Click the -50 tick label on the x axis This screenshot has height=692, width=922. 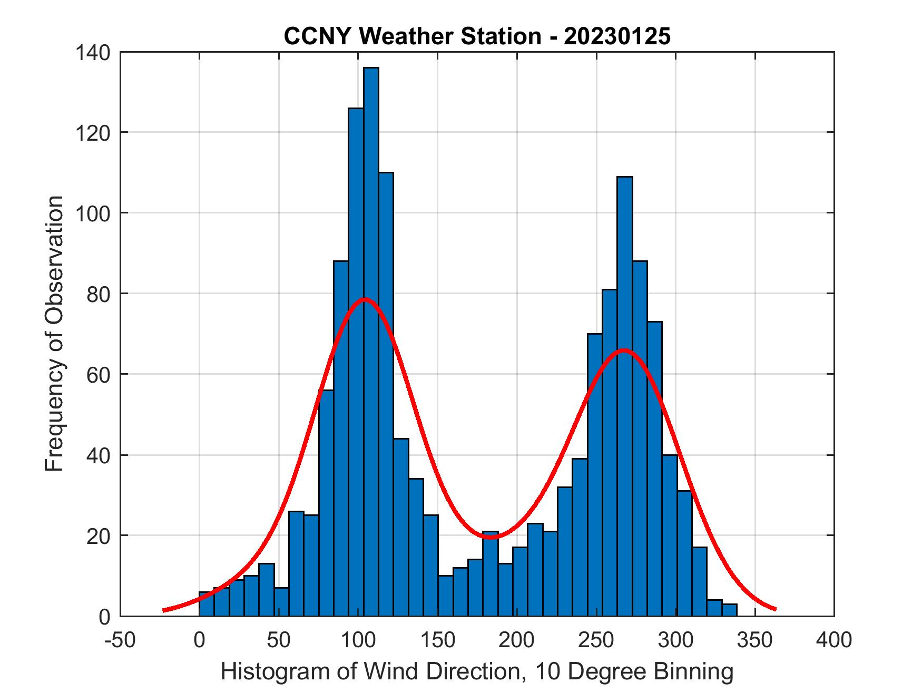(x=121, y=640)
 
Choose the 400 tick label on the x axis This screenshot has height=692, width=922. (x=834, y=640)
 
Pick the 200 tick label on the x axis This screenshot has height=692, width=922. (x=517, y=640)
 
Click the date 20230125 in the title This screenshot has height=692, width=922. (x=617, y=37)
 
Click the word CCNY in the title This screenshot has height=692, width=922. (x=318, y=37)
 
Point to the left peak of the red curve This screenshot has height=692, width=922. (x=365, y=299)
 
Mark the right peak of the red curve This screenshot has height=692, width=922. (x=623, y=350)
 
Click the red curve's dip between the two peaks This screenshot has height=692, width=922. (x=491, y=538)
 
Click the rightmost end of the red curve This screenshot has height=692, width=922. (x=775, y=609)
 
